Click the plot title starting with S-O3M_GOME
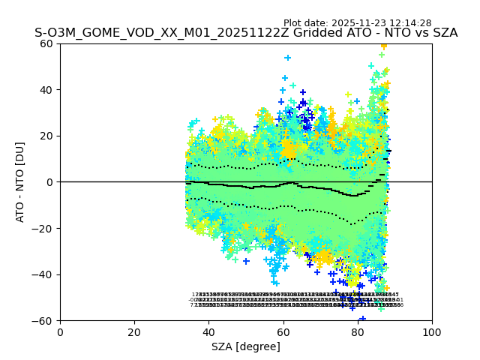point(246,33)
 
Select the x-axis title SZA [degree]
point(246,346)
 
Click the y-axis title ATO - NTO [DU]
point(20,181)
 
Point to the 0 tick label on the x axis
point(60,332)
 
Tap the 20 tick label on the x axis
point(134,332)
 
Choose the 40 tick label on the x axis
point(208,332)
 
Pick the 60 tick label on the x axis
point(283,332)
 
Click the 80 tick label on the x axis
point(358,332)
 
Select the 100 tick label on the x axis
point(432,332)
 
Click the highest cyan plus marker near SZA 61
point(287,58)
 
